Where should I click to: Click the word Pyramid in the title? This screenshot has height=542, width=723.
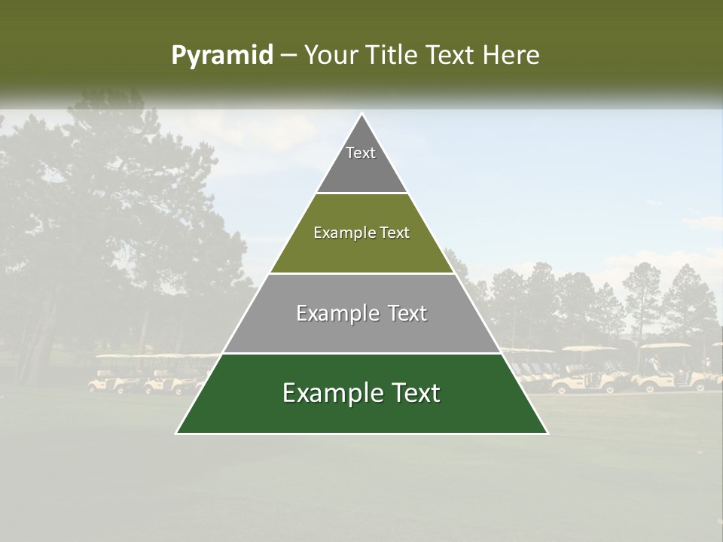click(x=221, y=56)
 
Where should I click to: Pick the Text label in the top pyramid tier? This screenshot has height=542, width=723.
click(x=361, y=153)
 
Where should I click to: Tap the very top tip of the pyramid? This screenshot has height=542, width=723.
click(x=361, y=114)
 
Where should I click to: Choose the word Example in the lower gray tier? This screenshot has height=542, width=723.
click(x=334, y=313)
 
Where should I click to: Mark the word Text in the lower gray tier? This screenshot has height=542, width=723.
click(x=407, y=313)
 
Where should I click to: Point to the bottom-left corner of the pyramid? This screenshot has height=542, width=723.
click(x=177, y=433)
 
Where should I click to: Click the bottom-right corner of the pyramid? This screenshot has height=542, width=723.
click(x=547, y=433)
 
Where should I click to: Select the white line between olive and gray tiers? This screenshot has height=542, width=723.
click(x=361, y=273)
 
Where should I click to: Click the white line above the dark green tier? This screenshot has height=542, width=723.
click(x=361, y=353)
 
